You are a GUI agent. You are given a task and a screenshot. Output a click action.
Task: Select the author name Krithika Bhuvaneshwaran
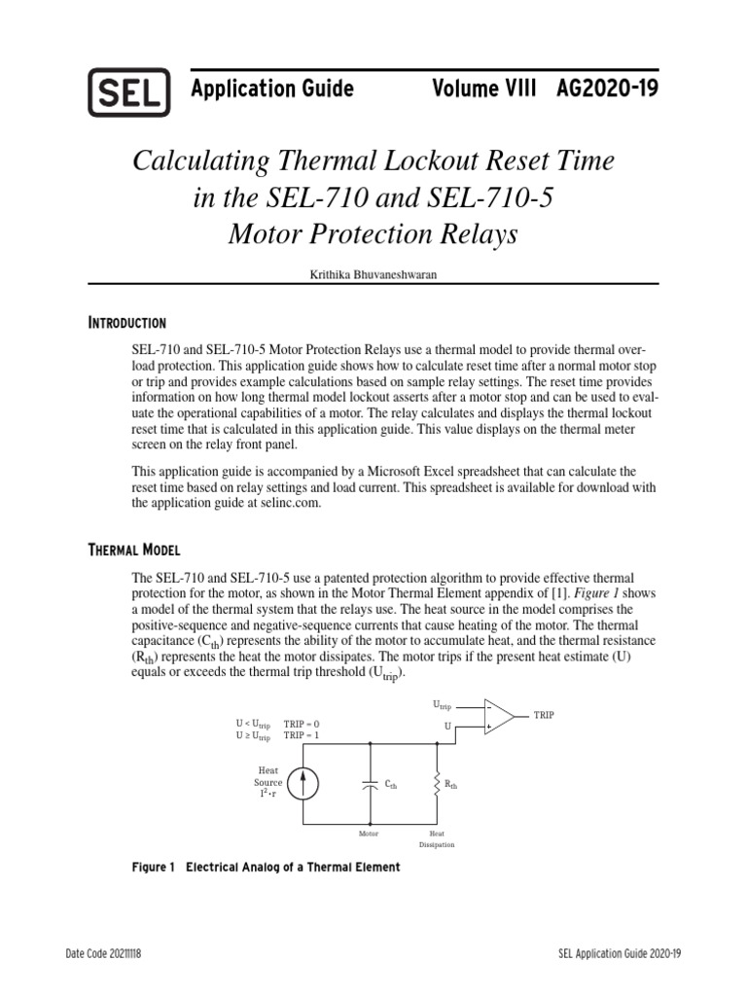373,275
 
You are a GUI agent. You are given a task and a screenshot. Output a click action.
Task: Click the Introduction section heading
127,323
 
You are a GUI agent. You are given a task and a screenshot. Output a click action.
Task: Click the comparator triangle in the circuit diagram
498,716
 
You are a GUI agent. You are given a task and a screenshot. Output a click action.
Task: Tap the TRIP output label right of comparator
543,715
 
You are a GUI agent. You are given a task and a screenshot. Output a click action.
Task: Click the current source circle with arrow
302,783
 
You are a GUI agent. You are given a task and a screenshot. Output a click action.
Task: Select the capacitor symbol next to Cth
370,783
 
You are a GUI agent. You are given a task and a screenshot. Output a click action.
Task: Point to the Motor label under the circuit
369,834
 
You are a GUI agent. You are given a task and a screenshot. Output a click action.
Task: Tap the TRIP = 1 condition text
301,735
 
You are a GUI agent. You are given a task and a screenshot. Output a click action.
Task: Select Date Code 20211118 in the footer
102,954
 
